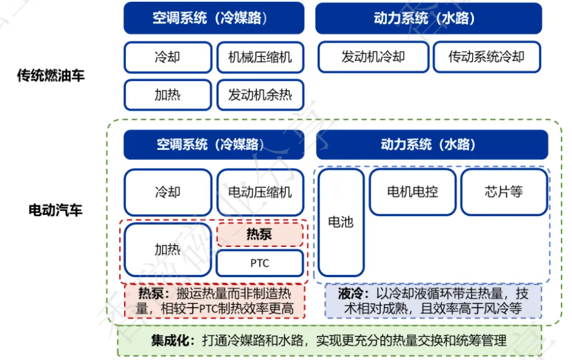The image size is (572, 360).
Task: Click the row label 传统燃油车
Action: click(51, 75)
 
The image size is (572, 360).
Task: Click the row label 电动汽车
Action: click(56, 211)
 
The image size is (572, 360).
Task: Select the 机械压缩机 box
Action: click(260, 57)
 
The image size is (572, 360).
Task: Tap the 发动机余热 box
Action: click(260, 95)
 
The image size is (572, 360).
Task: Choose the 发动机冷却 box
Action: click(373, 57)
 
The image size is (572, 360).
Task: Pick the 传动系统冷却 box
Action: click(487, 57)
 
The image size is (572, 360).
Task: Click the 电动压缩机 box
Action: click(260, 192)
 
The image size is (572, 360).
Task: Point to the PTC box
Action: click(260, 263)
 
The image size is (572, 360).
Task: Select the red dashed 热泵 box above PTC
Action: click(260, 234)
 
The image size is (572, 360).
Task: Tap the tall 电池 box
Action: click(341, 222)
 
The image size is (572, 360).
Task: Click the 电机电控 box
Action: click(413, 192)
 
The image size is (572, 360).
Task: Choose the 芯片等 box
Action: click(504, 192)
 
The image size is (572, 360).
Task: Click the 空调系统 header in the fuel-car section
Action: click(213, 18)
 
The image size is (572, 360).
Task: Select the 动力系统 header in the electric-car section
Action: click(432, 144)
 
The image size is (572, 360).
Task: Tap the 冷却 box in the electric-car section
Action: click(168, 192)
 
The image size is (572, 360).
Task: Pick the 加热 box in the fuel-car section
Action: click(168, 95)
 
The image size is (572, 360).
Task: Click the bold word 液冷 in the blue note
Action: click(350, 293)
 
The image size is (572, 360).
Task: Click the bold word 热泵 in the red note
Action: click(151, 293)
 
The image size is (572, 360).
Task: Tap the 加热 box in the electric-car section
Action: click(168, 249)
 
